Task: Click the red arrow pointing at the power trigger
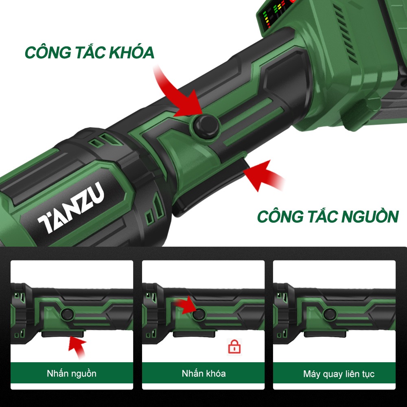(262, 175)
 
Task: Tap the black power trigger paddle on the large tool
(210, 187)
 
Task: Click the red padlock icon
(234, 346)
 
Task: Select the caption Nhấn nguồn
(72, 374)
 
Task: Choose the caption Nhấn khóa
(204, 374)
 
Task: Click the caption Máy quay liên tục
(339, 374)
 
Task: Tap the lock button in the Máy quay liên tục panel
(330, 314)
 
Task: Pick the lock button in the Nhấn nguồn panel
(67, 314)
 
